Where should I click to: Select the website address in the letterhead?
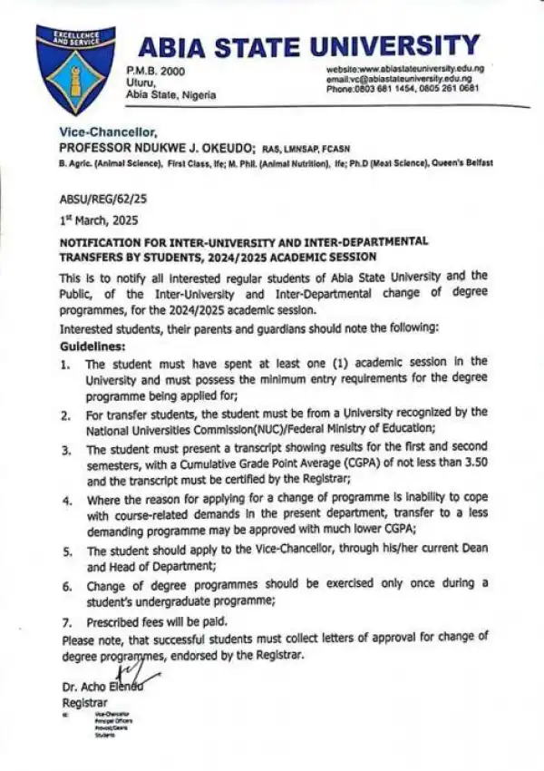point(405,69)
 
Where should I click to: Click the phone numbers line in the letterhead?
point(403,89)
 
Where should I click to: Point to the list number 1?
point(64,364)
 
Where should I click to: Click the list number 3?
point(64,448)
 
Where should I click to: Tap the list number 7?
point(64,623)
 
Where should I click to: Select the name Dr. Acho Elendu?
point(102,687)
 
